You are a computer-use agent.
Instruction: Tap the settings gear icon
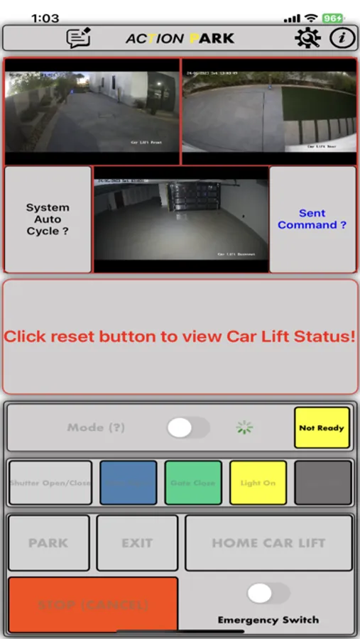(307, 38)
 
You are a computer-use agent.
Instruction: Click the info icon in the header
(342, 38)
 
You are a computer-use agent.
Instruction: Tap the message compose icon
(79, 38)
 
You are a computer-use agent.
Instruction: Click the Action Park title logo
(180, 38)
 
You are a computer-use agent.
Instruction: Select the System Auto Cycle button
(48, 219)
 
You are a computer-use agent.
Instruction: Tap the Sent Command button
(312, 219)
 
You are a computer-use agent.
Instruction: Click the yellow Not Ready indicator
(322, 427)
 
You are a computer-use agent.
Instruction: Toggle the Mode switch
(188, 427)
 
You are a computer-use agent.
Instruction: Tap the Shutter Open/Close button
(50, 483)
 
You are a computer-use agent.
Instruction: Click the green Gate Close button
(192, 483)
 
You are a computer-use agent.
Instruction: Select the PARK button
(48, 543)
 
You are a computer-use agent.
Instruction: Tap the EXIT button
(137, 543)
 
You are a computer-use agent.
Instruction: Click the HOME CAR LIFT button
(268, 543)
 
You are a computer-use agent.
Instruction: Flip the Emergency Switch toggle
(268, 594)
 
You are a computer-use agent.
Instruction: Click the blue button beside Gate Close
(129, 483)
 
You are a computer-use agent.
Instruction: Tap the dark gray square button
(323, 483)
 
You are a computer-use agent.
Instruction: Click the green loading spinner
(244, 427)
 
